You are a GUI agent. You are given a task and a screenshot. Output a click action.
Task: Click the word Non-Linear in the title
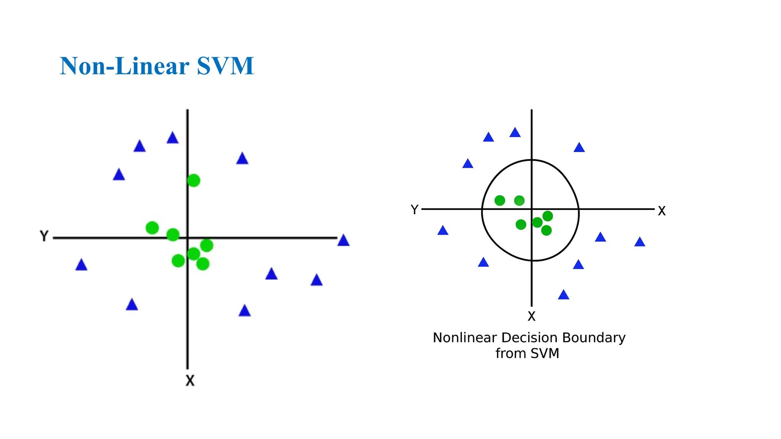pos(124,66)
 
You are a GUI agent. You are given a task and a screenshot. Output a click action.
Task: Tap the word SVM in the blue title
pos(225,66)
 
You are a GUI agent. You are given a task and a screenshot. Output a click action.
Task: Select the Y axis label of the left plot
pos(44,236)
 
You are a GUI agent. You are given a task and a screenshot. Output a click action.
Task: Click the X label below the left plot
pos(190,380)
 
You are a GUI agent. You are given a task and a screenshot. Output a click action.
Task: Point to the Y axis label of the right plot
pos(415,210)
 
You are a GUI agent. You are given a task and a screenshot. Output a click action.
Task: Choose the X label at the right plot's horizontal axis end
pos(662,211)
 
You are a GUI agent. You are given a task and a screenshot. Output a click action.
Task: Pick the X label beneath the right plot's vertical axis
pos(532,316)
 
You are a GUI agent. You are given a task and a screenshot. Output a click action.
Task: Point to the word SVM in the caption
pos(545,353)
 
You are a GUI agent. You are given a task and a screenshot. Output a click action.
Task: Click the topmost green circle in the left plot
pos(193,180)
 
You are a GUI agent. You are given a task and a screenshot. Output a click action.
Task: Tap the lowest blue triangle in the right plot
pos(564,295)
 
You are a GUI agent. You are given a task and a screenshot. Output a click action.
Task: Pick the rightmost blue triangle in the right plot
pos(640,242)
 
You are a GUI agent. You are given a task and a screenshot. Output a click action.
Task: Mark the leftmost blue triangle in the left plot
pos(81,265)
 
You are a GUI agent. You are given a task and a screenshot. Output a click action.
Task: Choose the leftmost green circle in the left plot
pos(152,228)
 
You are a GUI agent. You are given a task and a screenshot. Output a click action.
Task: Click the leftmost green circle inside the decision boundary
pos(500,200)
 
